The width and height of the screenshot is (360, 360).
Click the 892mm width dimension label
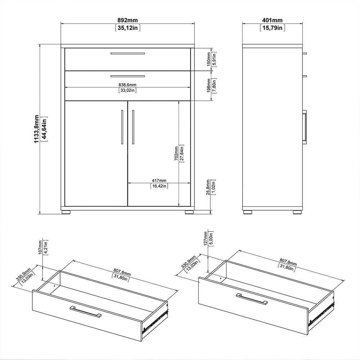127,21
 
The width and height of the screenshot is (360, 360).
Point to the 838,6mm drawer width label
127,85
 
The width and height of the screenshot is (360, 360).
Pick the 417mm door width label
159,180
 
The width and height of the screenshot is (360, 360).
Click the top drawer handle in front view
127,54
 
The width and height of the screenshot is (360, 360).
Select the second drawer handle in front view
127,76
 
